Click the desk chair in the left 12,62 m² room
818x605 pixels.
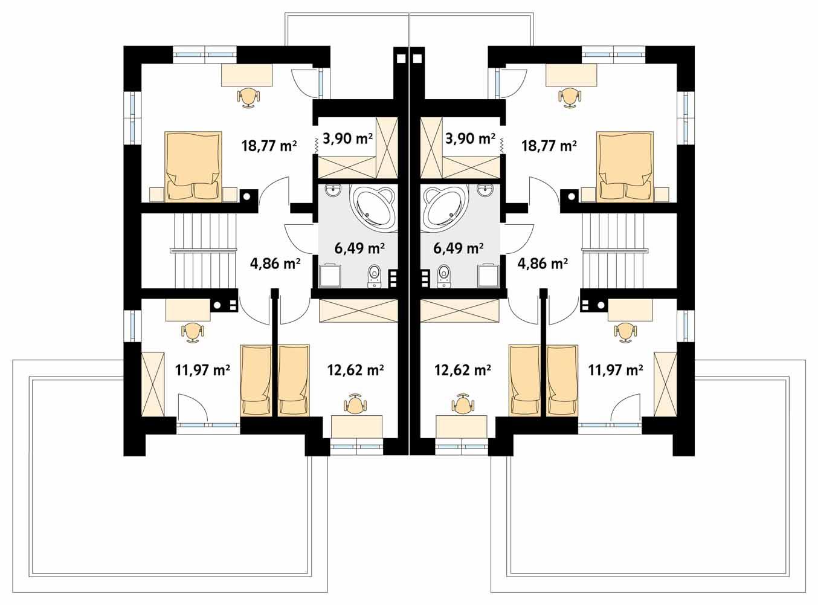point(356,403)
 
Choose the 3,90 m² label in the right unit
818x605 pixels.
point(470,138)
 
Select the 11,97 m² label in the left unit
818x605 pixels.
point(202,369)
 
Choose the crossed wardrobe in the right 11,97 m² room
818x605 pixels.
point(666,384)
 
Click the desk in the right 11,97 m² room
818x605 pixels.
point(630,311)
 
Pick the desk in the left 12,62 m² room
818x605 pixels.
point(356,426)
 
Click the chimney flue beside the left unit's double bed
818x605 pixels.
point(246,196)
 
